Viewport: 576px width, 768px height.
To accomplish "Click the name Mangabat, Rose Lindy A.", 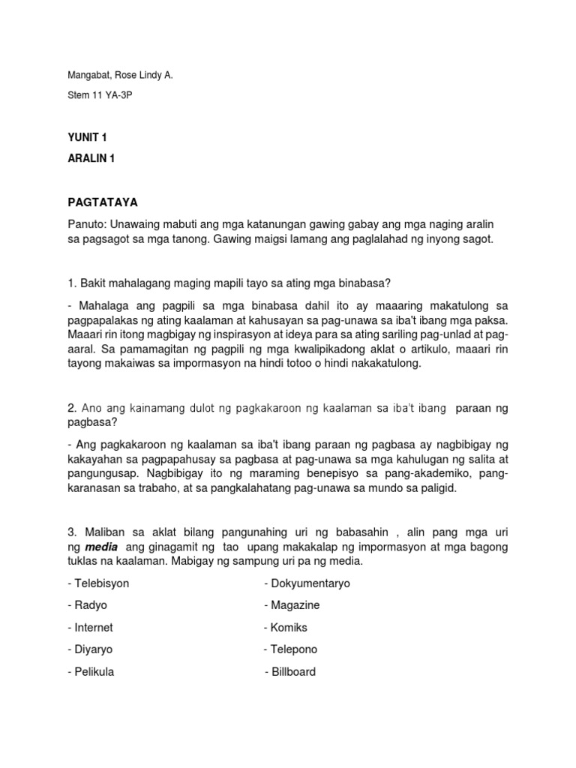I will click(x=120, y=97).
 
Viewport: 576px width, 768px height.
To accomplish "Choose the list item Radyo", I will click(x=90, y=605).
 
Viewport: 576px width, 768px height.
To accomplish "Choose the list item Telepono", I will click(x=293, y=649).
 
